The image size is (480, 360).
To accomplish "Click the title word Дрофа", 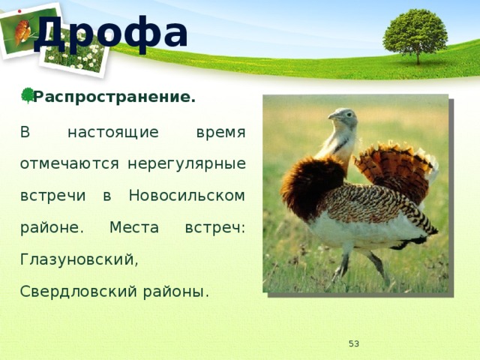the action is [x=111, y=34].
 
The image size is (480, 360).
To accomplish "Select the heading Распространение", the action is [x=114, y=97].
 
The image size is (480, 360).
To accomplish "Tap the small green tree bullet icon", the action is [x=28, y=95].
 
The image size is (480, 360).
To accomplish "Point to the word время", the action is [x=220, y=133].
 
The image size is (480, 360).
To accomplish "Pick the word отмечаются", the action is [x=70, y=163].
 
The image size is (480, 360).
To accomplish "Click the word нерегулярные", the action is [x=187, y=164].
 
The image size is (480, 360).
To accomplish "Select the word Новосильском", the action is [x=187, y=195].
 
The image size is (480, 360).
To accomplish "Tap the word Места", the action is [x=134, y=227].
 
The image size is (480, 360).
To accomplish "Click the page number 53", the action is [x=353, y=343].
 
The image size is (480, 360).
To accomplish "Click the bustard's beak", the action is [x=333, y=116].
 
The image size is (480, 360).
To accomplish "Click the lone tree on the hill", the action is [x=415, y=36].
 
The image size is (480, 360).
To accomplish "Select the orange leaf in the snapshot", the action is [x=22, y=31].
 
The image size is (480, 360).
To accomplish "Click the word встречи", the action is [x=52, y=196].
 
